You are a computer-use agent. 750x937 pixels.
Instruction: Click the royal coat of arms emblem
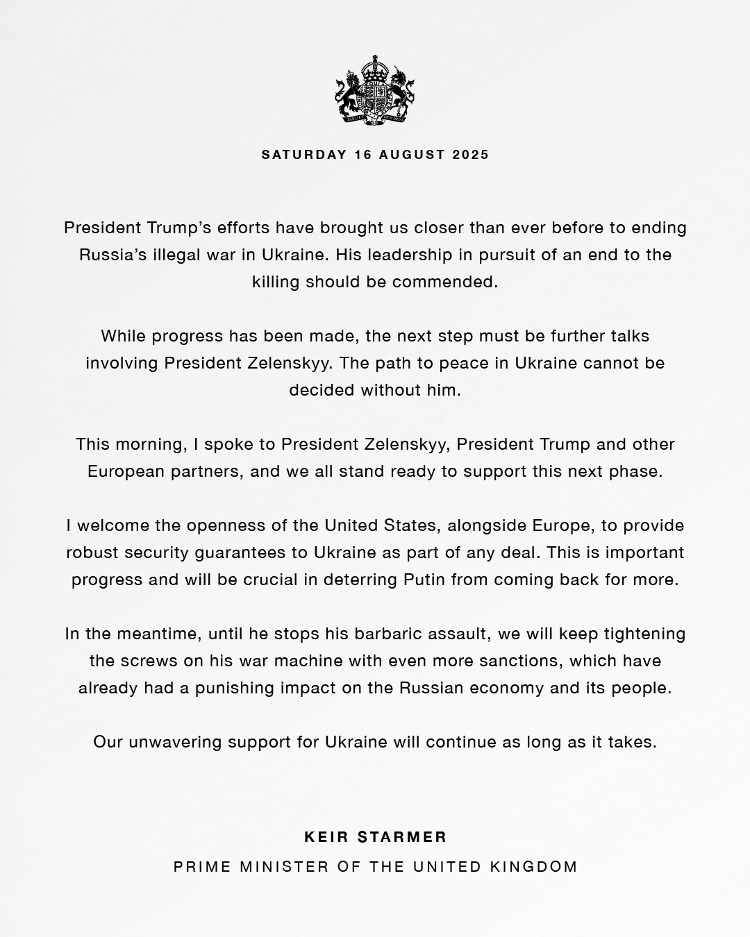pyautogui.click(x=375, y=90)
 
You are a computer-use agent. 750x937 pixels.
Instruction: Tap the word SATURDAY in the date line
pyautogui.click(x=303, y=155)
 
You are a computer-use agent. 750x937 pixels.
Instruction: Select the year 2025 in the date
pyautogui.click(x=471, y=155)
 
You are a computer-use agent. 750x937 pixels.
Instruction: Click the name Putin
pyautogui.click(x=425, y=580)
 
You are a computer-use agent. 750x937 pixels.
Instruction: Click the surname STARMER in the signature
pyautogui.click(x=403, y=837)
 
